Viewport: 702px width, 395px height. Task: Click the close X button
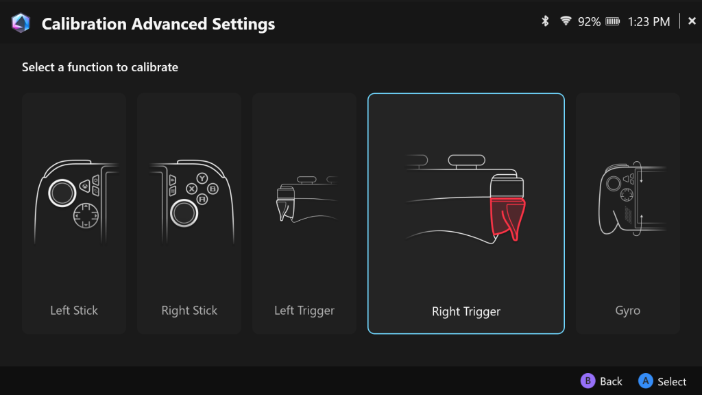click(692, 21)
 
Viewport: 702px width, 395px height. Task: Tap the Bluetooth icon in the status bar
click(545, 21)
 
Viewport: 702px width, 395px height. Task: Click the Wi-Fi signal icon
click(566, 21)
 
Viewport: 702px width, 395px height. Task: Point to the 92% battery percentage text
click(589, 21)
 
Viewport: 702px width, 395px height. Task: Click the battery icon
click(612, 21)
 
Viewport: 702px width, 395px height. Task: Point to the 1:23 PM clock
click(649, 21)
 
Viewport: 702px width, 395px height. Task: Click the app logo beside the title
click(21, 23)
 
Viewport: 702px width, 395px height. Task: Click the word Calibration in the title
click(84, 24)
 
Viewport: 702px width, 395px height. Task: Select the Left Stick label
click(74, 311)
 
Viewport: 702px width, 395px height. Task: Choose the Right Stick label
click(189, 311)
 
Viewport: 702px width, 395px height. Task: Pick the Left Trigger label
click(304, 311)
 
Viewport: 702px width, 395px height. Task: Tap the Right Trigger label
click(466, 311)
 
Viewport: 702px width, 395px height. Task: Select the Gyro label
click(628, 311)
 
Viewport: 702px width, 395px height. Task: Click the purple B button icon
click(588, 381)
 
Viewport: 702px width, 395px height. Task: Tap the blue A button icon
click(646, 381)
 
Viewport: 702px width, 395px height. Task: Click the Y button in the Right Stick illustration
click(202, 178)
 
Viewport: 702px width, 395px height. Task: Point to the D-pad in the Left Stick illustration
click(86, 215)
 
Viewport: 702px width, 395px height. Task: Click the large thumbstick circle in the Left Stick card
click(62, 193)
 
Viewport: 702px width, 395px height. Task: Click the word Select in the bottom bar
click(672, 381)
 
